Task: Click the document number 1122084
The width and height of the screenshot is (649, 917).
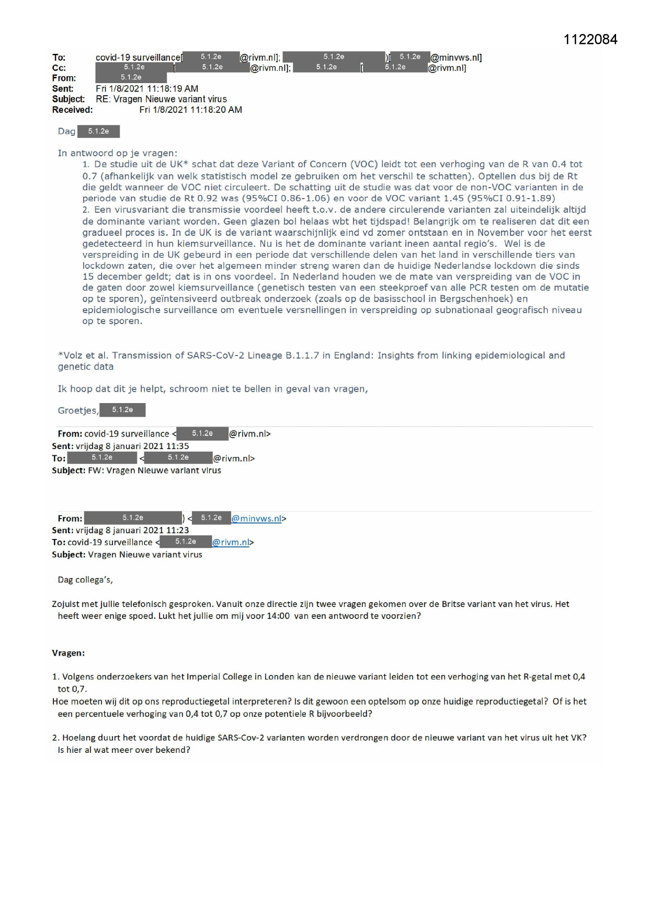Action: (x=590, y=40)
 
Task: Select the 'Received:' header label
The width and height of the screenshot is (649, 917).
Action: (x=72, y=110)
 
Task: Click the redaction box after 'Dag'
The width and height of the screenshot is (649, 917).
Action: (x=98, y=131)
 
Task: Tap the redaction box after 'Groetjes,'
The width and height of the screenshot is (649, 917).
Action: (x=122, y=410)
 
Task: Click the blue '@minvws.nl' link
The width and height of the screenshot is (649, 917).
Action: (x=256, y=519)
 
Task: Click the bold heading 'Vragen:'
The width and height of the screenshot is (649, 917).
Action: (x=68, y=653)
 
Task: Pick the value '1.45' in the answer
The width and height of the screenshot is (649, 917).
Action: (x=454, y=199)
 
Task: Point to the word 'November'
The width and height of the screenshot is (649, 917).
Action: (x=500, y=233)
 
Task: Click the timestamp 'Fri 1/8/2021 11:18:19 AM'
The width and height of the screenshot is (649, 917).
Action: (x=147, y=89)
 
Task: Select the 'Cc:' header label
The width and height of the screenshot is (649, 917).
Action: (x=59, y=68)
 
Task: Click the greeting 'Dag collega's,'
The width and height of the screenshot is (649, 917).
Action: (x=85, y=580)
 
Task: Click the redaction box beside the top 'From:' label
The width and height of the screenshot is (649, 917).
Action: (x=131, y=78)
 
